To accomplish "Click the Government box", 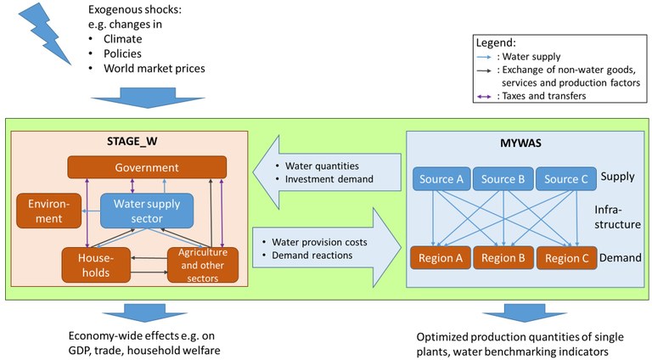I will pyautogui.click(x=149, y=167).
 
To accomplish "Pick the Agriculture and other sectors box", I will pyautogui.click(x=202, y=262).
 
